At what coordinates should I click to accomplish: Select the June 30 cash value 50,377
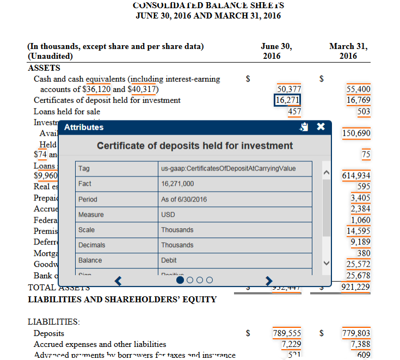tap(289, 89)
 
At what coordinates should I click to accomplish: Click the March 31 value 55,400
tap(358, 89)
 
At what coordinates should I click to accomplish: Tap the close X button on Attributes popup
tap(321, 127)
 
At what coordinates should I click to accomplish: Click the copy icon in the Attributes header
tap(305, 127)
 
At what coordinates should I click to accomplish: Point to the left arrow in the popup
tap(120, 280)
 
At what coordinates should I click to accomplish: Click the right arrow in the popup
tap(268, 280)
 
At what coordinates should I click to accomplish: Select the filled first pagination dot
tap(180, 280)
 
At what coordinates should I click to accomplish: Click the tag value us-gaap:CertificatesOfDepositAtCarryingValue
tap(228, 168)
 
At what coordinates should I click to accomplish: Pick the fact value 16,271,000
tap(178, 184)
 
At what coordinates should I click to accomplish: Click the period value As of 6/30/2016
tap(184, 199)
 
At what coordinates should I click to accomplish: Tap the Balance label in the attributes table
tap(90, 260)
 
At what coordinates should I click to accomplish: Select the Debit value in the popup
tap(169, 260)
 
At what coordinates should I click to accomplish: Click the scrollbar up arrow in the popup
tap(327, 173)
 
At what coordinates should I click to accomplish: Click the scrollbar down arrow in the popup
tap(327, 263)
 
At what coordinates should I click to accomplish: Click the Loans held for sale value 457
tap(294, 112)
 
